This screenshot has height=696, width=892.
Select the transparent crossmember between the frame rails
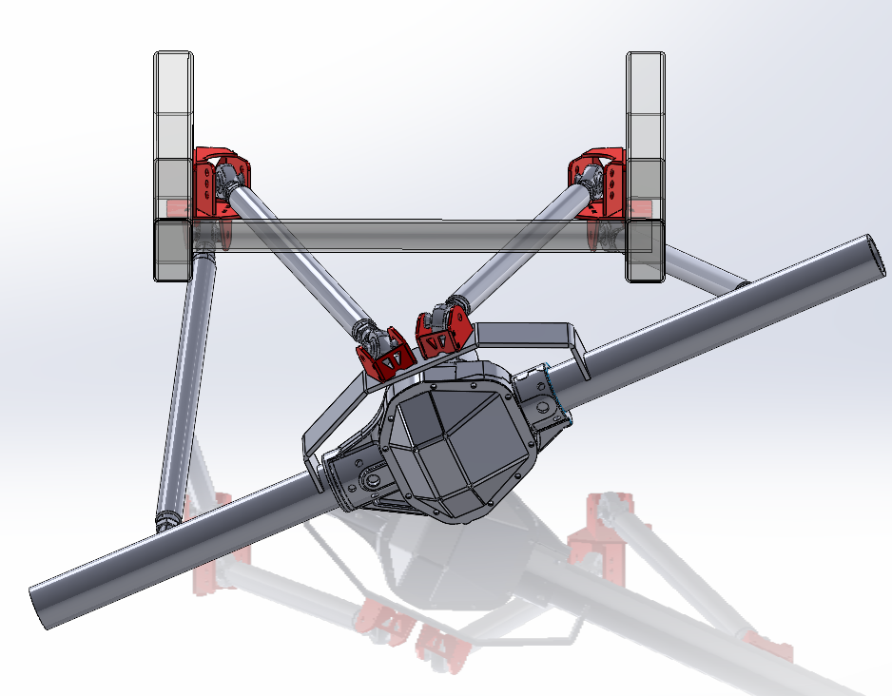tap(409, 236)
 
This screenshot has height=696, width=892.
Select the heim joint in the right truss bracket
tap(436, 314)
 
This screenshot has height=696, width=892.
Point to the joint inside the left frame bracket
tap(228, 178)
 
